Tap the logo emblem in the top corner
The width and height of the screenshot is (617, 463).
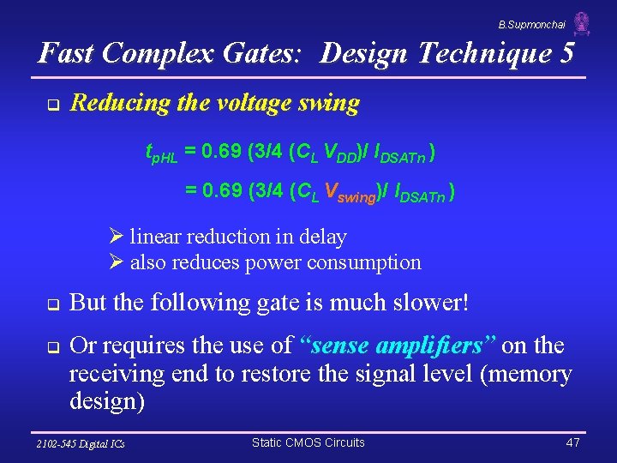tap(582, 24)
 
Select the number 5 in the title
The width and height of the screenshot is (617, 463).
tap(566, 54)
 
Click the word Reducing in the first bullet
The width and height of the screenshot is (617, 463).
tap(114, 104)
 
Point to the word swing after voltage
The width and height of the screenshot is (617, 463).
tap(329, 104)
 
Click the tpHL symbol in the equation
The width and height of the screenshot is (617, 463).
tap(161, 153)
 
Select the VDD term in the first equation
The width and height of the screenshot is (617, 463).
tap(348, 154)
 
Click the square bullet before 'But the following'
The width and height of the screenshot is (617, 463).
tap(51, 304)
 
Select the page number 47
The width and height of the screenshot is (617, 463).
tap(572, 442)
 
